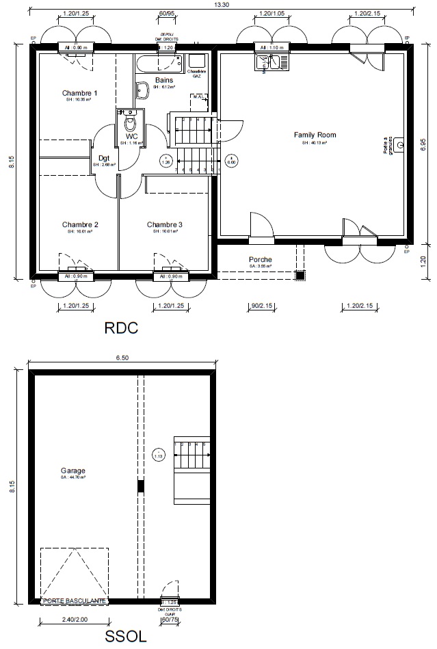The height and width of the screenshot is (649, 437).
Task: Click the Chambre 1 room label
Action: click(80, 93)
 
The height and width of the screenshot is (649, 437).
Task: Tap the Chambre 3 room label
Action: click(165, 224)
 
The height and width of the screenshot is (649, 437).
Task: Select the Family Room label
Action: click(315, 135)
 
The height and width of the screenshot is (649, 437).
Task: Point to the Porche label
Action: click(260, 260)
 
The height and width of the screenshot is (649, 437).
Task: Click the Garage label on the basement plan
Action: click(72, 471)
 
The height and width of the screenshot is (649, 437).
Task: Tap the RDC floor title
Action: click(121, 328)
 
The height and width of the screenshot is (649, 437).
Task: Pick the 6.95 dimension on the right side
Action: click(423, 146)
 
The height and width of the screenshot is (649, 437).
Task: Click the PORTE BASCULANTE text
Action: click(74, 600)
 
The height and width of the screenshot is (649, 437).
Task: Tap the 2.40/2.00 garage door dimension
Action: click(73, 620)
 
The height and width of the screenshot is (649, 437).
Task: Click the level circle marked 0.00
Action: click(231, 161)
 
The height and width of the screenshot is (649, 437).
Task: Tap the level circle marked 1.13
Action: click(159, 455)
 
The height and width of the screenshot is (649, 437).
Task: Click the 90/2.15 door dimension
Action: click(259, 306)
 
